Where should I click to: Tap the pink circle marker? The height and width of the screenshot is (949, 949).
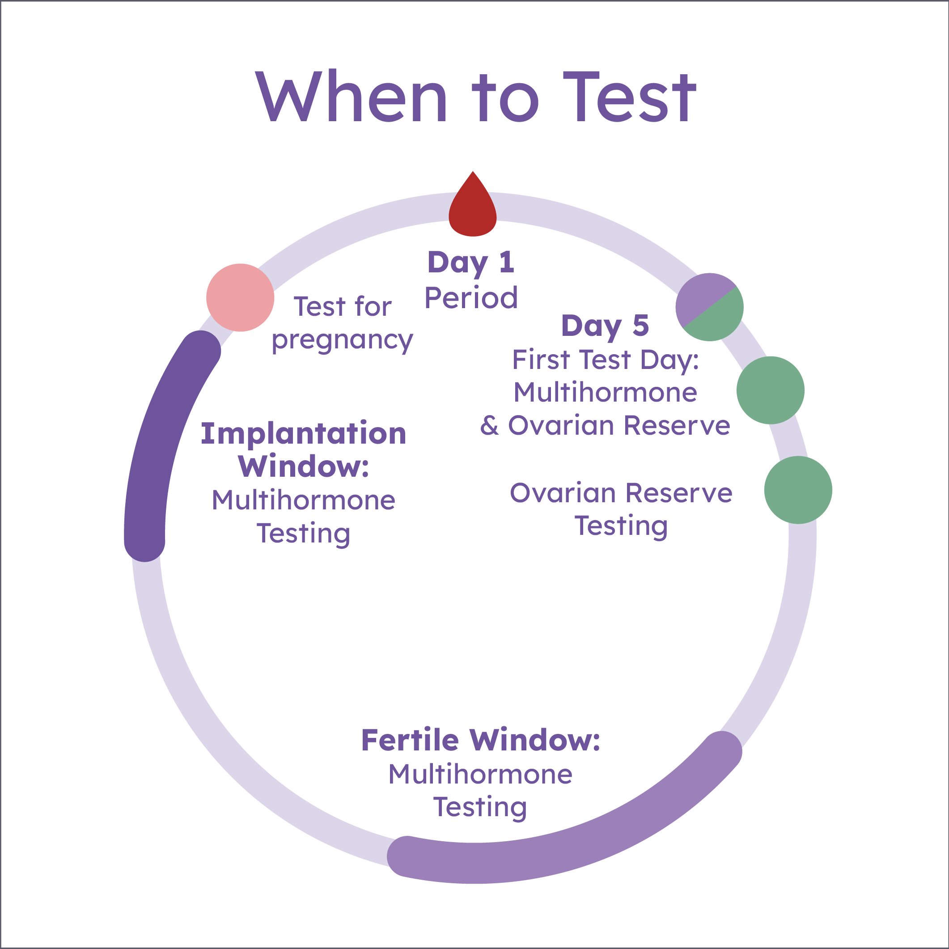click(x=240, y=298)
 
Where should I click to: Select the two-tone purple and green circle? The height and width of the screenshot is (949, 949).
click(x=709, y=307)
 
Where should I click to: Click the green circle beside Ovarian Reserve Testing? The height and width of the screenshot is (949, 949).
click(x=798, y=490)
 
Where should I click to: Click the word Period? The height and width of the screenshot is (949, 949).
click(x=471, y=298)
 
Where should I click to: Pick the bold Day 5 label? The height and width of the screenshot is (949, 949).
click(x=605, y=326)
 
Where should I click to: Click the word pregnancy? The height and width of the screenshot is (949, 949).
click(x=343, y=340)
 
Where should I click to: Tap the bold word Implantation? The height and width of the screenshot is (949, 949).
click(x=304, y=434)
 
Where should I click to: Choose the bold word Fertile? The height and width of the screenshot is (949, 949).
click(x=410, y=740)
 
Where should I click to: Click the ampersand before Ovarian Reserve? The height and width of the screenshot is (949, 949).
click(x=489, y=425)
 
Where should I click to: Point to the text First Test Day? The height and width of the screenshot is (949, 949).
click(x=605, y=360)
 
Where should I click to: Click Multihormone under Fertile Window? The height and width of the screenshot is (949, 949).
click(x=480, y=775)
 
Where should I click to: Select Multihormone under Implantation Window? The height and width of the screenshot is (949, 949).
click(x=304, y=500)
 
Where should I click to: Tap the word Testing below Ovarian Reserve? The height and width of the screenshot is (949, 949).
click(x=621, y=526)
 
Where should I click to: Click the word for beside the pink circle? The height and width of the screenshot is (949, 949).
click(x=373, y=306)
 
